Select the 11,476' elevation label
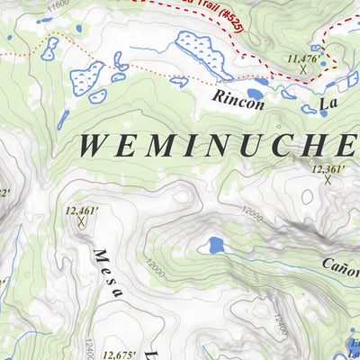coord(302,58)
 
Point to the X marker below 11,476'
coord(303,68)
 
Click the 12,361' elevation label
coord(328,168)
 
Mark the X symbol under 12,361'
coord(328,179)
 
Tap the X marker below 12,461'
coord(82,221)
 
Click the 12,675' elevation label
coord(121,355)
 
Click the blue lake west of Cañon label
coord(216,244)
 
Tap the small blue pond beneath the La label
coord(322,113)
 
